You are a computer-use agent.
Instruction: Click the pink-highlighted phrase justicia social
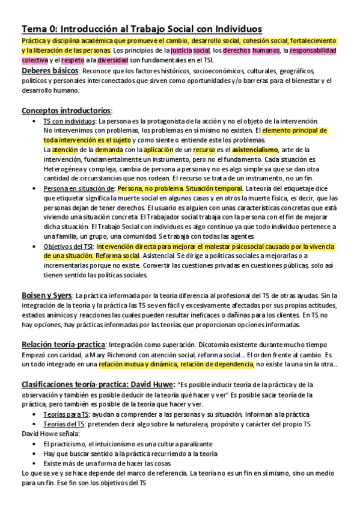click(190, 51)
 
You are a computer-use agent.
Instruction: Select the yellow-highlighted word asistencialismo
click(255, 149)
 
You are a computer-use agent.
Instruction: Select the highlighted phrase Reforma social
click(115, 256)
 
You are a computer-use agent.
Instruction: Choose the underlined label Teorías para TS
click(67, 414)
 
